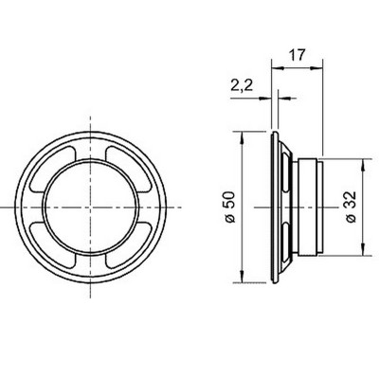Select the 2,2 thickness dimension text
click(242, 86)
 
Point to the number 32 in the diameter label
click(350, 203)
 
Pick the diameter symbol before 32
click(350, 221)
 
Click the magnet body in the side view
click(309, 207)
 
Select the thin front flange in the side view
click(275, 207)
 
